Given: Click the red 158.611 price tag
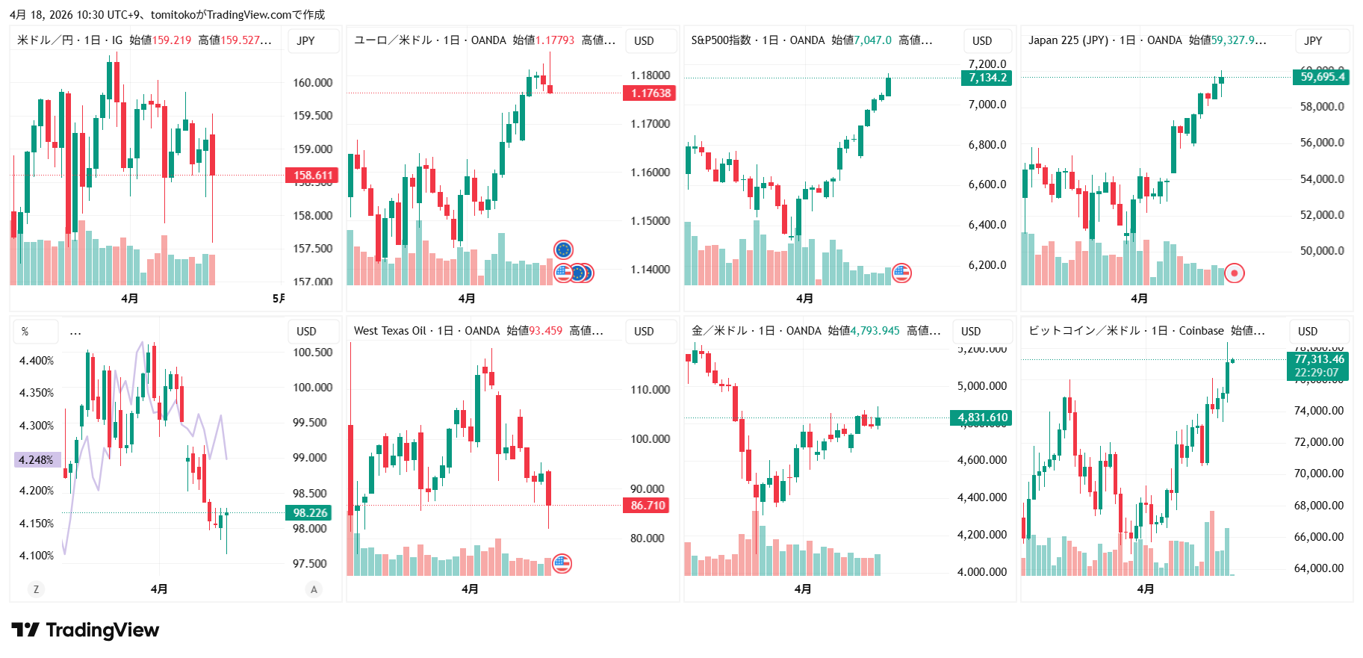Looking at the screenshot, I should click(312, 176).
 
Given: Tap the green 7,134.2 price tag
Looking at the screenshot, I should click(987, 78).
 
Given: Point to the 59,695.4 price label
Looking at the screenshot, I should click(1321, 77).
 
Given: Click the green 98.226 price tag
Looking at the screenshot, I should click(309, 513).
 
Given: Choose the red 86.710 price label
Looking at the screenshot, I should click(647, 506).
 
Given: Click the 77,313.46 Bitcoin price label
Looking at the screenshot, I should click(1318, 359).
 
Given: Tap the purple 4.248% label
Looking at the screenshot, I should click(37, 460).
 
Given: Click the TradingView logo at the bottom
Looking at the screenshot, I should click(85, 630).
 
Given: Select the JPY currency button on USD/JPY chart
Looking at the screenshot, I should click(305, 41).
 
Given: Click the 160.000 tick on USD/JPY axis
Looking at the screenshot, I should click(312, 83).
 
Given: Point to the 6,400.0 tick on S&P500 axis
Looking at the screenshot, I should click(987, 225).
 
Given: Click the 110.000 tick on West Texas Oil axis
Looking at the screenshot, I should click(650, 390).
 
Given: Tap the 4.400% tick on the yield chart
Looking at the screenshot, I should click(37, 361).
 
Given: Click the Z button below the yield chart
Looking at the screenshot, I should click(36, 589).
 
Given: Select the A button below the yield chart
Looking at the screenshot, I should click(314, 589).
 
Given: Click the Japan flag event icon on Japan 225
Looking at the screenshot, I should click(1235, 273).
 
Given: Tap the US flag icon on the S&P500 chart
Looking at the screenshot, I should click(901, 273).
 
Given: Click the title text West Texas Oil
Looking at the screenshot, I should click(390, 331).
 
